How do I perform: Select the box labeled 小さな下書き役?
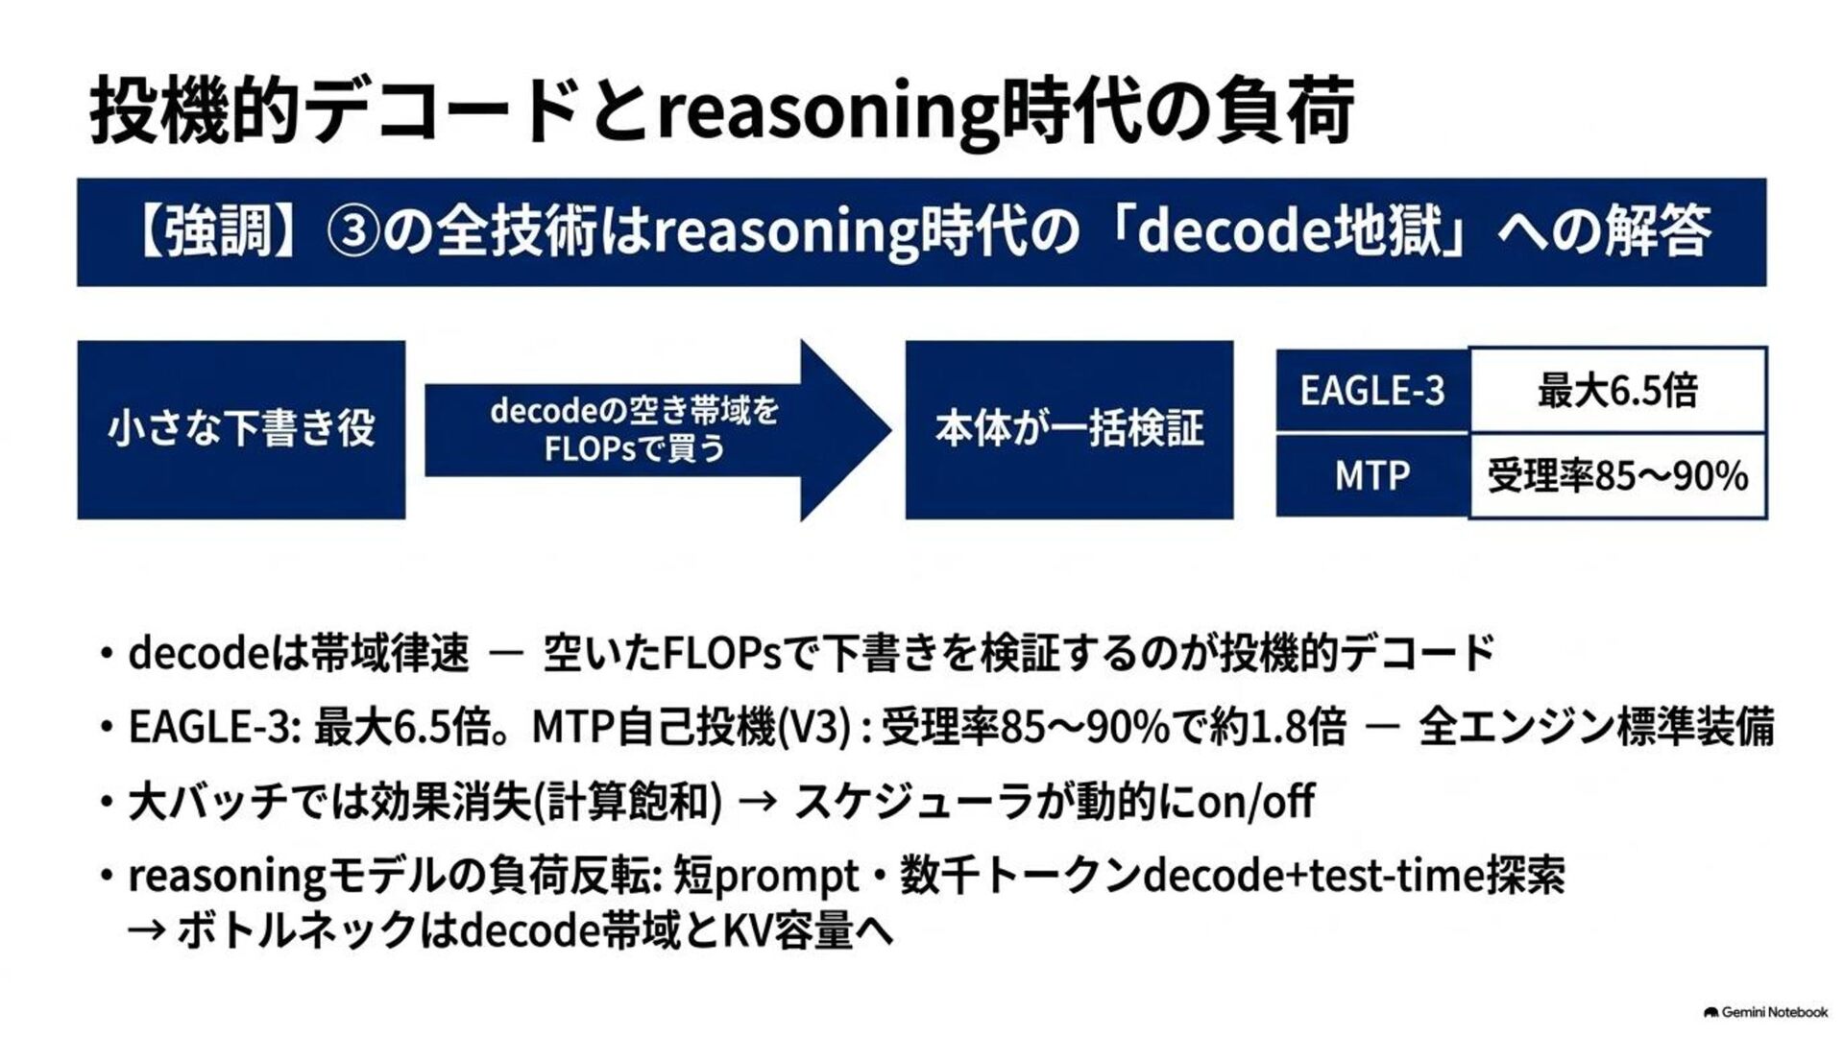(241, 429)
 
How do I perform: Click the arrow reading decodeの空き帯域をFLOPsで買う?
(658, 429)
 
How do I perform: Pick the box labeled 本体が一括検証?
(1069, 429)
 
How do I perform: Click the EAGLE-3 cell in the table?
(1372, 390)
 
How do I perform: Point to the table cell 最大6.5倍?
(1617, 390)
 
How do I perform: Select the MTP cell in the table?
(1372, 475)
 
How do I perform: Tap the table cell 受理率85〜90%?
(1617, 475)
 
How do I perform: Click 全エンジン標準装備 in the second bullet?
(1596, 727)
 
